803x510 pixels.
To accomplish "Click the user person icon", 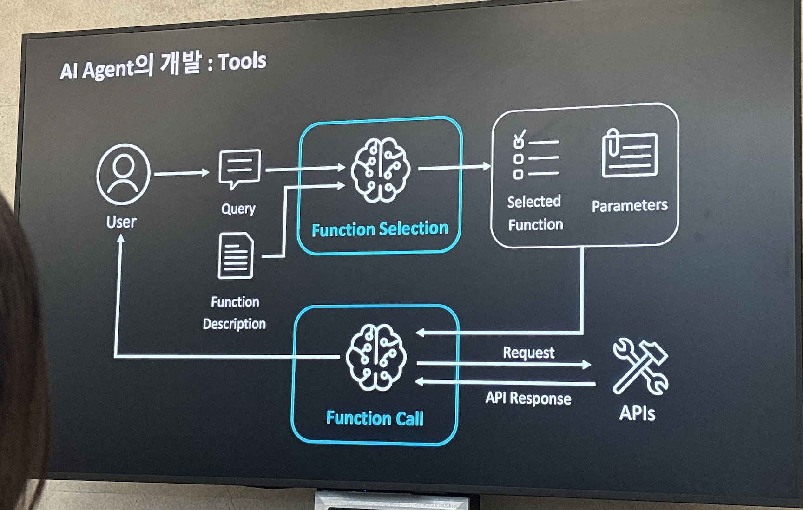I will coord(123,174).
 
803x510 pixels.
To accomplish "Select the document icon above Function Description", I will coord(236,256).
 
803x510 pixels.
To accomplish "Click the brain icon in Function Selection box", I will coord(381,170).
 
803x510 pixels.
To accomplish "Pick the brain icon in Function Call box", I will coord(376,357).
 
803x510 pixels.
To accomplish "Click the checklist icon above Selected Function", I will coord(535,155).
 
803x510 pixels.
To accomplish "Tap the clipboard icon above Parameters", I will coord(630,154).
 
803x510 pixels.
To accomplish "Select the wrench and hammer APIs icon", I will coord(640,367).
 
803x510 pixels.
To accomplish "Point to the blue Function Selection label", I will coord(380,229).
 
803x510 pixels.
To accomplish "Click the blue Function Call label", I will coord(375,418).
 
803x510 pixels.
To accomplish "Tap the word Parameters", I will coord(629,205).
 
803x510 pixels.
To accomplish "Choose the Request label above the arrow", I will coord(528,353).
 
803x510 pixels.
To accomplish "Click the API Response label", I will coord(528,398).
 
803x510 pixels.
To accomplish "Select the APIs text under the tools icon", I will coord(637,413).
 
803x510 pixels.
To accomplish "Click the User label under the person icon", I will coord(121,222).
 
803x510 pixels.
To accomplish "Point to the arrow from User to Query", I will coord(182,173).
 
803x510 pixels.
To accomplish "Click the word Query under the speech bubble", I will coord(238,209).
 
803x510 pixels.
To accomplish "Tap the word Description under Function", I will coord(234,324).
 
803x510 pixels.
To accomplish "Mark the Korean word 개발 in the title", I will coord(181,64).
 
